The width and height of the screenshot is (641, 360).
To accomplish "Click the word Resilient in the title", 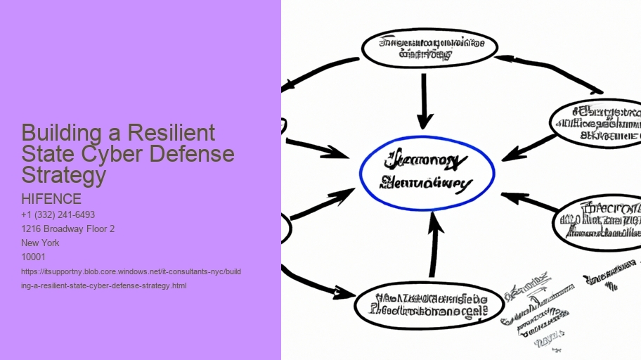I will pyautogui.click(x=174, y=133).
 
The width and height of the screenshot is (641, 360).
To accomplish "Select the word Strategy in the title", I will pyautogui.click(x=63, y=174).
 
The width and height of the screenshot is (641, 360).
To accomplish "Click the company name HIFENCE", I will pyautogui.click(x=52, y=199).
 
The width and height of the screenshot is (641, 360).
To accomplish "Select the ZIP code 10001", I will pyautogui.click(x=34, y=257).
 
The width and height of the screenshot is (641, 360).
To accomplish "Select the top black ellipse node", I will pyautogui.click(x=429, y=48).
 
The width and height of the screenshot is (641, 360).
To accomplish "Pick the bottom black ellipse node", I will pyautogui.click(x=429, y=303).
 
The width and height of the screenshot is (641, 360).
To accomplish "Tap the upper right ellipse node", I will pyautogui.click(x=597, y=122).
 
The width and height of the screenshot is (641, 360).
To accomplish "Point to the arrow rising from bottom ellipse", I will pyautogui.click(x=434, y=245).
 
